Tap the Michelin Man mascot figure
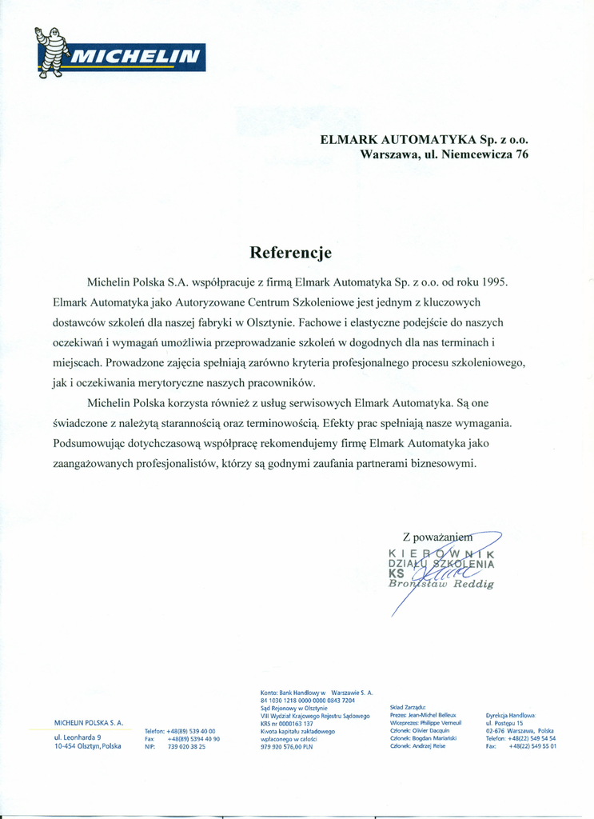point(52,51)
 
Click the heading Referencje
point(290,253)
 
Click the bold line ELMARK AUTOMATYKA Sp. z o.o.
point(424,138)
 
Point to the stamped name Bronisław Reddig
point(441,584)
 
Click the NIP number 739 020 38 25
point(186,746)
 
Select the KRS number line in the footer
point(287,723)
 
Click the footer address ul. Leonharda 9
point(77,737)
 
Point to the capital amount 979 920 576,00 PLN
point(286,746)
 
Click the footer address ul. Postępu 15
point(504,723)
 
